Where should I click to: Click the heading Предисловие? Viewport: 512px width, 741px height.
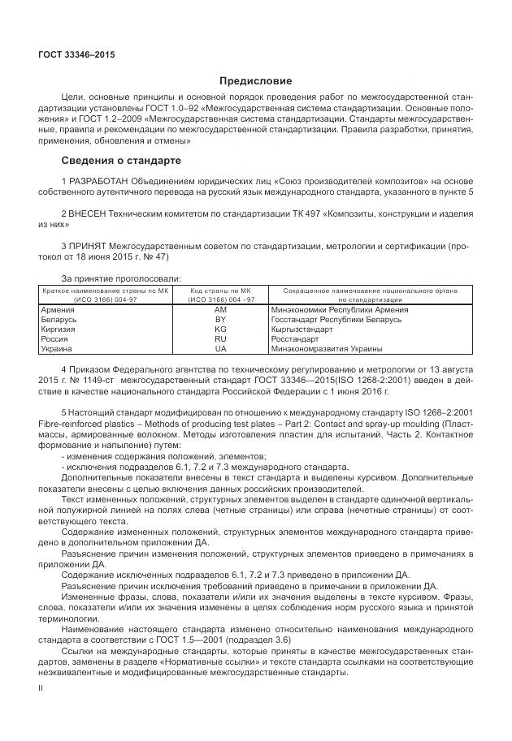255,81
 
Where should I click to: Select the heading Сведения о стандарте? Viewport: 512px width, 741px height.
122,161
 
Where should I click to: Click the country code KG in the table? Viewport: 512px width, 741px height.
220,330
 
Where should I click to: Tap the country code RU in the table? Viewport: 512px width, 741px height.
220,339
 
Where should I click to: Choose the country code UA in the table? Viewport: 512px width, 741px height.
220,349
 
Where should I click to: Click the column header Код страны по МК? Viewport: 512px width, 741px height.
220,291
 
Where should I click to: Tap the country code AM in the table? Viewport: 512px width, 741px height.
220,310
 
